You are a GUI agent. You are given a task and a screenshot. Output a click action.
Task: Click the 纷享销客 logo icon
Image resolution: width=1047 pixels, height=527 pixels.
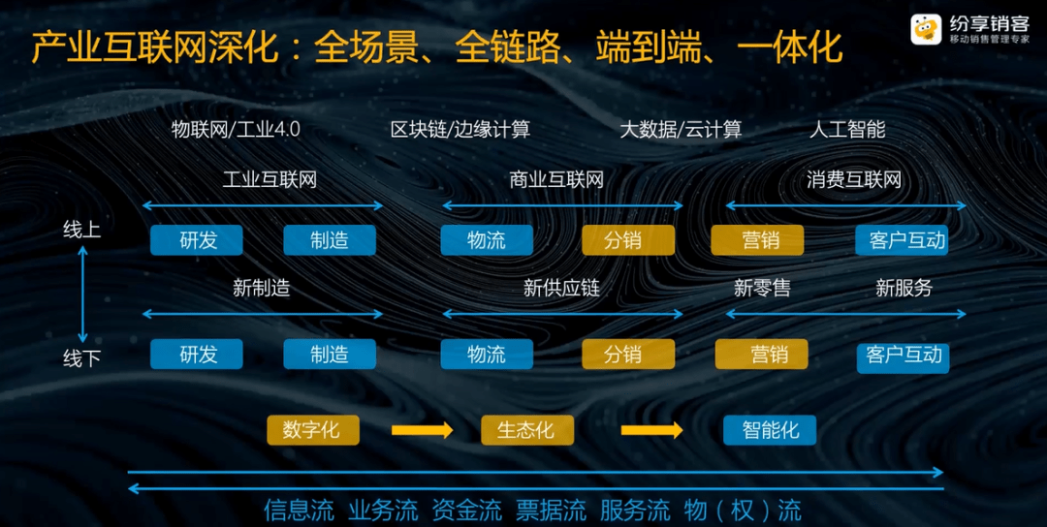(x=926, y=29)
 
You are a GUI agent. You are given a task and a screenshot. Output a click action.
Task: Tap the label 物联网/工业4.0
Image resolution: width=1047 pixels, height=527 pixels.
(x=236, y=130)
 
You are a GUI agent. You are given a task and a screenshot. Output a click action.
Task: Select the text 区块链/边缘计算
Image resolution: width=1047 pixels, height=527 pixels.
(x=460, y=130)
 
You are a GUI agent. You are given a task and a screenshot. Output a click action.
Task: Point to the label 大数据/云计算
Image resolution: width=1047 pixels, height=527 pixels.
(x=681, y=130)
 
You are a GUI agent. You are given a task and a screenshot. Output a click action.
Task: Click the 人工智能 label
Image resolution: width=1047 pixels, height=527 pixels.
(x=847, y=130)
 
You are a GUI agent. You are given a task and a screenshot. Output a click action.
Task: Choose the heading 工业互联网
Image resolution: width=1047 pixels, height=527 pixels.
(x=270, y=179)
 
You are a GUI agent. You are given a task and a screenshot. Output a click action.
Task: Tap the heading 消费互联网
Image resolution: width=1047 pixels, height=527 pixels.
(x=854, y=179)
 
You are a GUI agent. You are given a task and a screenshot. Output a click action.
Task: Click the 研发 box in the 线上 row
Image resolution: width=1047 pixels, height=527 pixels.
(x=196, y=240)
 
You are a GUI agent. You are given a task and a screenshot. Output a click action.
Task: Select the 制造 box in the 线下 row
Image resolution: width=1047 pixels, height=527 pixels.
(x=330, y=355)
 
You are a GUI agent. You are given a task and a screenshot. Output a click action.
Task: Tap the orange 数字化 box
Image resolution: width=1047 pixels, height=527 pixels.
(x=313, y=430)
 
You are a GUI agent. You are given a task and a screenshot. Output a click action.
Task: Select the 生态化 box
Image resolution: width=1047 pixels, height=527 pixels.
(x=527, y=430)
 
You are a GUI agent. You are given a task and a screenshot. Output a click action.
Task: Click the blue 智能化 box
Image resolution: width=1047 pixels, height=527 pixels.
(x=770, y=430)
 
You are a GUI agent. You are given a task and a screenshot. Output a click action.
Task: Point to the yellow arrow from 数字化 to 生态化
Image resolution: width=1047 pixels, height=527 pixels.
(x=422, y=430)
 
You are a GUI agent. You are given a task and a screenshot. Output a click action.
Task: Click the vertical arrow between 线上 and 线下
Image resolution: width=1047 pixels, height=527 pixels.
(x=83, y=294)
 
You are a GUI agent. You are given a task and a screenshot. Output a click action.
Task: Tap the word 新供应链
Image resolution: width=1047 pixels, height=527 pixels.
(x=561, y=288)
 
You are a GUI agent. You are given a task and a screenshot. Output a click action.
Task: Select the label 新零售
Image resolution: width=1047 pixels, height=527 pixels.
(x=763, y=288)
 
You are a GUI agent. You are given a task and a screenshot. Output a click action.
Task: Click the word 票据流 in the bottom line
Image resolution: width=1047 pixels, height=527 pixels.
(x=551, y=511)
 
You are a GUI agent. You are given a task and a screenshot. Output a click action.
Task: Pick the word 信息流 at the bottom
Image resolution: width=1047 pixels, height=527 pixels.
(x=299, y=511)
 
